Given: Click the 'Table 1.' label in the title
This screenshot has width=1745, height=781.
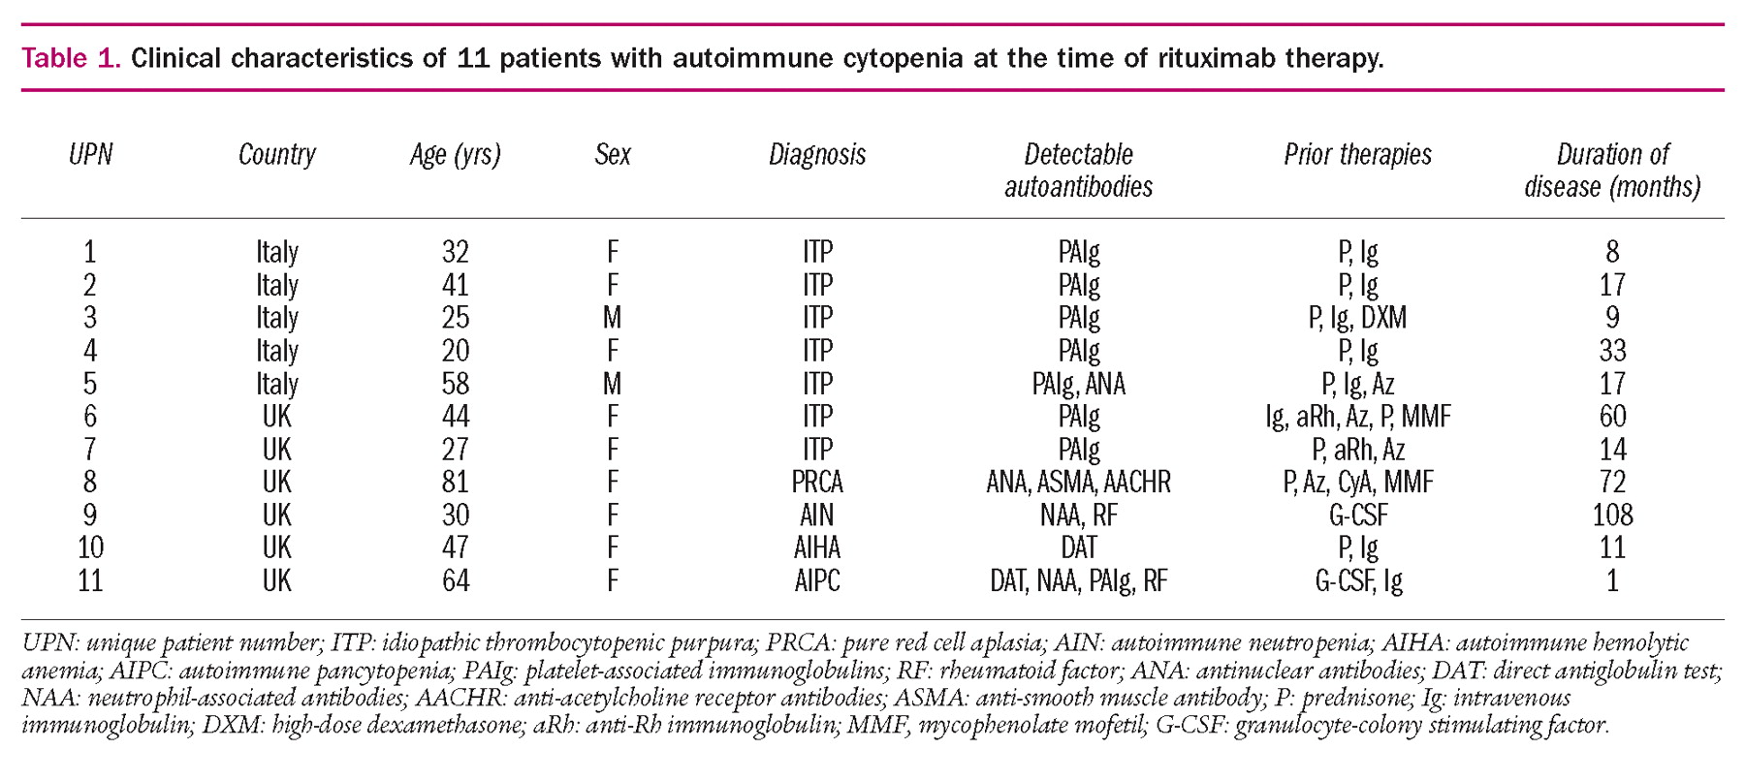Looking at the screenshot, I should (x=71, y=59).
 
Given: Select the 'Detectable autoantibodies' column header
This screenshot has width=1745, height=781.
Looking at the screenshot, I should (x=1078, y=171).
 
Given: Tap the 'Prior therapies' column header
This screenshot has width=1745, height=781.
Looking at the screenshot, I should (x=1357, y=155).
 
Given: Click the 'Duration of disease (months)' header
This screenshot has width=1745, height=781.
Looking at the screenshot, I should (x=1612, y=171).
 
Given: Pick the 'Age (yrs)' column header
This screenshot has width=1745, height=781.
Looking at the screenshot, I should (x=455, y=155).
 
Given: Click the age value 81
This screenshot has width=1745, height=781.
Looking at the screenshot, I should (x=455, y=482).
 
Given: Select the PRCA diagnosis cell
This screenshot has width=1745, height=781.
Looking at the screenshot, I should (x=817, y=482).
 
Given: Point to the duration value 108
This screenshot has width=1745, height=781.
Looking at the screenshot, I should (x=1612, y=515).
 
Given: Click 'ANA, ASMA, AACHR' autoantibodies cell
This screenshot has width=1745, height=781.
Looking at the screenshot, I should (x=1078, y=482).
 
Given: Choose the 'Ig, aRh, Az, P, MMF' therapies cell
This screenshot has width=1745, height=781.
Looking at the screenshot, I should (x=1357, y=417).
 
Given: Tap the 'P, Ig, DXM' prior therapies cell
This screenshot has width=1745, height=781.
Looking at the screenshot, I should (x=1357, y=318).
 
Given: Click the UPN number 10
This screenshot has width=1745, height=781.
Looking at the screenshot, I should (x=90, y=547).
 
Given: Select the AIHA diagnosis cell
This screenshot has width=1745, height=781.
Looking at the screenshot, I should (x=817, y=547).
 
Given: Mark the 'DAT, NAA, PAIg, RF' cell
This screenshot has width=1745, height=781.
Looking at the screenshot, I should (x=1078, y=580).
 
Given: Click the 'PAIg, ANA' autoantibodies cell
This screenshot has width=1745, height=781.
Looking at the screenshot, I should (x=1078, y=384).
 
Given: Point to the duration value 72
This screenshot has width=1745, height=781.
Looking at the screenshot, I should (x=1612, y=482).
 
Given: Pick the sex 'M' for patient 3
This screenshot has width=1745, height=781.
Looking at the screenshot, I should (x=612, y=318).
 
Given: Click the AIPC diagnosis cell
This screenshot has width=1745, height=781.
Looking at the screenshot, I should (x=817, y=580).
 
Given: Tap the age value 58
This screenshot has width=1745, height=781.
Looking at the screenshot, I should (x=455, y=384).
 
